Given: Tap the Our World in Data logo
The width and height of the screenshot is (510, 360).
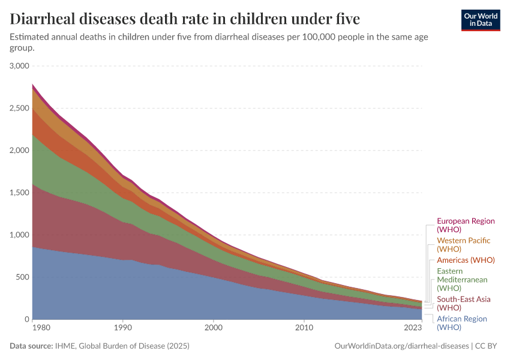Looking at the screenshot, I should (480, 19).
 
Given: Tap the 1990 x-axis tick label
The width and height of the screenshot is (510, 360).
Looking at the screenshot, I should (123, 328).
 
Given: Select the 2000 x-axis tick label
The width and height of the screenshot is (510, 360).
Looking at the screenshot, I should (214, 328).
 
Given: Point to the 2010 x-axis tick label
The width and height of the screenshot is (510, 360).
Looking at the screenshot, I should (304, 328).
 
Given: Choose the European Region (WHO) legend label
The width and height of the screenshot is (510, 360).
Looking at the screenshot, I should (466, 225).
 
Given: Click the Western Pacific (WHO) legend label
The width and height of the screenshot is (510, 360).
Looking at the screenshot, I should (463, 244).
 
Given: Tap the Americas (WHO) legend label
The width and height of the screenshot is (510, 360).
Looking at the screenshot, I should (466, 260).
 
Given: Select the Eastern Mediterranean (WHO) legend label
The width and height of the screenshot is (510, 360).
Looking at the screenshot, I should (462, 280).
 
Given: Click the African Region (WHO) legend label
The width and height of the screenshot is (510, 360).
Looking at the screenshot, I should (461, 323).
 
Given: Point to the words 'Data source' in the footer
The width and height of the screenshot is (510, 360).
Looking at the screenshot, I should (31, 346).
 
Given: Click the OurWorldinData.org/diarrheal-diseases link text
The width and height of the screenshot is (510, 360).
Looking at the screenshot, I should (401, 346).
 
